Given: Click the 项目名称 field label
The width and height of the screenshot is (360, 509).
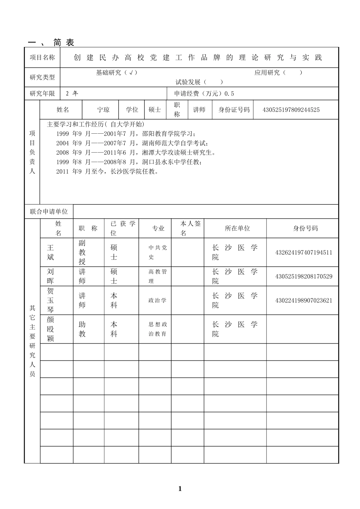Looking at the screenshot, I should [42, 58].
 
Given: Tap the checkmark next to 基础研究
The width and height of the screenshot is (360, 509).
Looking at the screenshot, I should [131, 73].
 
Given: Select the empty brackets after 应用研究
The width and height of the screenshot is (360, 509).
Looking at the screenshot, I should [293, 73].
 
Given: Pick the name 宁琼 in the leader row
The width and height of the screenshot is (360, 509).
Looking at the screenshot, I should [103, 110].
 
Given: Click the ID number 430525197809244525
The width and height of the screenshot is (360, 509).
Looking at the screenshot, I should [291, 110].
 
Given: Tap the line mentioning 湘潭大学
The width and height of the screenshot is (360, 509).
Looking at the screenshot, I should [136, 153].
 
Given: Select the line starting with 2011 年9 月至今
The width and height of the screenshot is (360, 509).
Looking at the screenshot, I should [107, 172].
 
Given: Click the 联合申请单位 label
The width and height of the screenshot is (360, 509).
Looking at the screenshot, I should [49, 212].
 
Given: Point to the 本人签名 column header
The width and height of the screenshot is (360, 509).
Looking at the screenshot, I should [188, 228].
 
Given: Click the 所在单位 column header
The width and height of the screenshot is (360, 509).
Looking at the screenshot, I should [237, 228].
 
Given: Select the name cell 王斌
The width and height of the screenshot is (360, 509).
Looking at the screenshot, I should [50, 252].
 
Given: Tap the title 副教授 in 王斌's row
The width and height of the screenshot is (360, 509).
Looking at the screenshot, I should [82, 252].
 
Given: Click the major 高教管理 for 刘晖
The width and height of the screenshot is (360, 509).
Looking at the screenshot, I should [157, 276].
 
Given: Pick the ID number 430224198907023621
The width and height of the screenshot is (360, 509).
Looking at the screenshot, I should [304, 301].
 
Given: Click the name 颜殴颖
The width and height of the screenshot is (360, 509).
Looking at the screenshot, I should [50, 329].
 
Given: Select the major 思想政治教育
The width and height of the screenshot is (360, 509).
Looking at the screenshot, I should [157, 329].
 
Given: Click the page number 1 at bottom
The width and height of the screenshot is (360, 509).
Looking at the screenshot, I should [180, 489].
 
